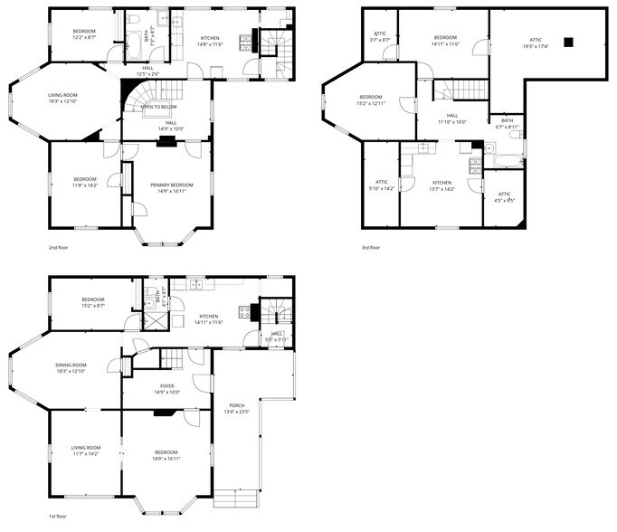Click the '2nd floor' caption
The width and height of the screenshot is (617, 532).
click(x=59, y=246)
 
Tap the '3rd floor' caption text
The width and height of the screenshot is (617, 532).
click(x=369, y=246)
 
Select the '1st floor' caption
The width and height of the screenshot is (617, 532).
click(x=58, y=516)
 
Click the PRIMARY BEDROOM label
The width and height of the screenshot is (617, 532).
click(x=166, y=187)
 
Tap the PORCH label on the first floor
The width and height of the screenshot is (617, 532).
click(x=235, y=408)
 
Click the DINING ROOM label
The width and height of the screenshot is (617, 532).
click(x=72, y=367)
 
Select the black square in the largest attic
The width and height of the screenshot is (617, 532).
click(x=568, y=41)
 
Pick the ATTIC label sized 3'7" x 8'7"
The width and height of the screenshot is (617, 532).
click(x=380, y=37)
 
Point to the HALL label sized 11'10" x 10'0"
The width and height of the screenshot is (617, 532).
click(x=452, y=118)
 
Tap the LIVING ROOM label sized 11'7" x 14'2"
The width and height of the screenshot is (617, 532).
click(x=86, y=450)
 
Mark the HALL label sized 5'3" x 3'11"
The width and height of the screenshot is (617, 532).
click(x=277, y=336)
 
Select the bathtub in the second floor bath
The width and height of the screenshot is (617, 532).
click(x=132, y=40)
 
